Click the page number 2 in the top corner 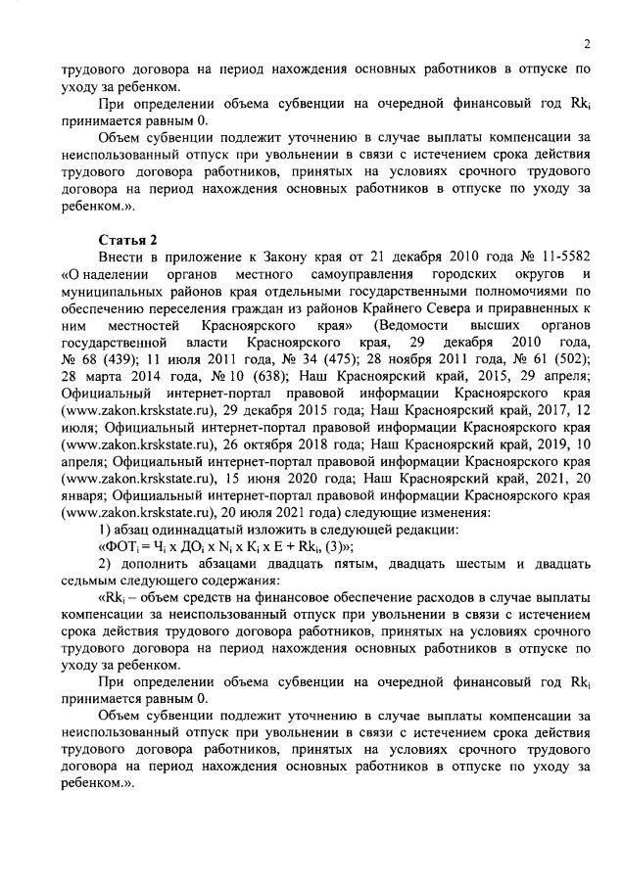click(586, 43)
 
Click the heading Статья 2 click(124, 240)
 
